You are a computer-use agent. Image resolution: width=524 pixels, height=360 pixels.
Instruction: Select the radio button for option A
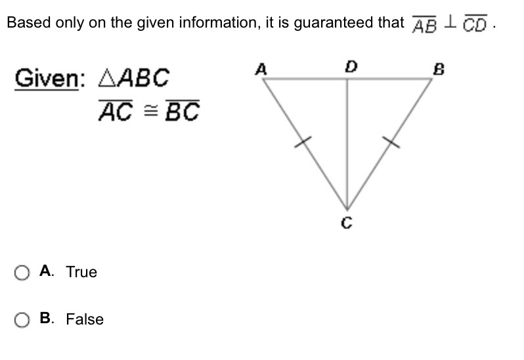tap(22, 273)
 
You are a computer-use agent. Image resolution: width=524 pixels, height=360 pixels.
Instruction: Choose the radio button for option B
tap(22, 320)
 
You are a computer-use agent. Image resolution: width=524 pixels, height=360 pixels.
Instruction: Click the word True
tap(81, 273)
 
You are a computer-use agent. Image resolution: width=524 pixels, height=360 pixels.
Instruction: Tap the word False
tap(85, 320)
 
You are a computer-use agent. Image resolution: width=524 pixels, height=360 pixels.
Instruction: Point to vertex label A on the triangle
tap(261, 68)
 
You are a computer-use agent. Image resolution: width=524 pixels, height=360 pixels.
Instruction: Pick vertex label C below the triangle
tap(347, 225)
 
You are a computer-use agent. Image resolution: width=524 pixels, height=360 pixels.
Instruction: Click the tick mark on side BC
tap(391, 141)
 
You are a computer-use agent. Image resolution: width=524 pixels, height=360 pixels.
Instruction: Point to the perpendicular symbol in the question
tap(450, 23)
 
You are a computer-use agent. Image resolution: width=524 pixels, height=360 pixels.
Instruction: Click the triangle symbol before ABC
tap(106, 79)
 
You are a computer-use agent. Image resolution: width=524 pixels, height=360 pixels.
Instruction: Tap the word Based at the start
tap(24, 23)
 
